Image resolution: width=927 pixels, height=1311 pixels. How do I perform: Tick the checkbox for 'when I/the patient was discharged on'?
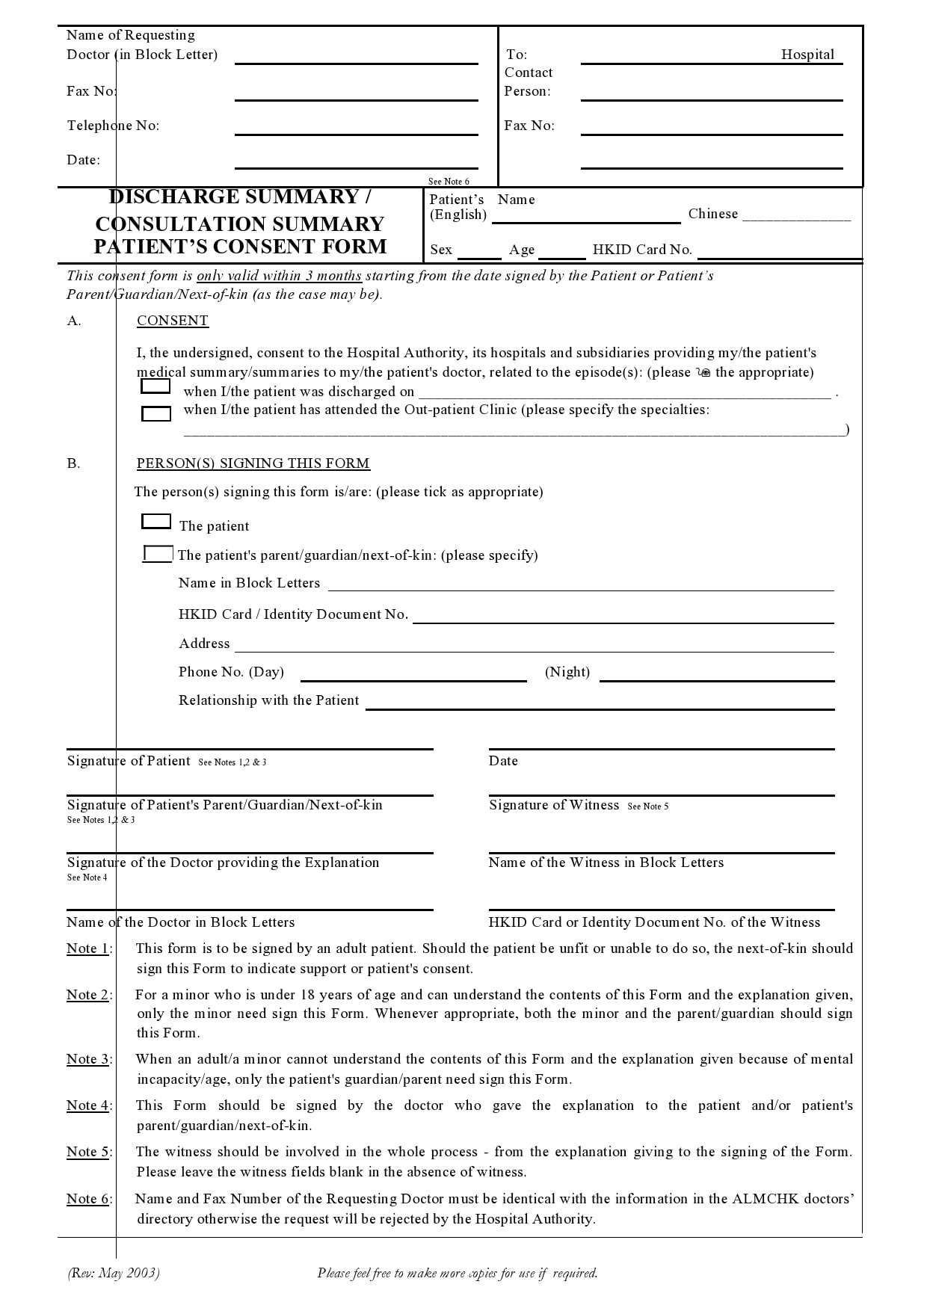click(155, 386)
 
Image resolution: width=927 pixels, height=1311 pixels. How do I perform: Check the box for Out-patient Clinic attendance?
click(155, 413)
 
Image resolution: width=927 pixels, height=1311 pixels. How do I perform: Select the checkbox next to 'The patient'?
click(155, 521)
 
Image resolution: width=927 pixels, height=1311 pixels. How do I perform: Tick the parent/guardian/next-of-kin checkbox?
click(158, 554)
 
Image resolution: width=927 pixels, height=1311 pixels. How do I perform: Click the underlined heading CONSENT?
click(172, 321)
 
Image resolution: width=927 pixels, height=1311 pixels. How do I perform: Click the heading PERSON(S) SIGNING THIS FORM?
click(253, 463)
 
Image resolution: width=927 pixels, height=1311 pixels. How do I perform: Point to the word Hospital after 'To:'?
click(807, 55)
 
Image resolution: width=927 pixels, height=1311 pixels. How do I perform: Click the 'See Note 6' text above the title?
click(449, 182)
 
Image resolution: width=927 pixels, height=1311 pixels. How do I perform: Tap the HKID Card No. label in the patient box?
click(642, 250)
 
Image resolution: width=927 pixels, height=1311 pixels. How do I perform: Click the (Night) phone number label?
click(567, 672)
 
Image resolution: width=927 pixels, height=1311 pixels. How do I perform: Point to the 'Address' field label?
click(204, 644)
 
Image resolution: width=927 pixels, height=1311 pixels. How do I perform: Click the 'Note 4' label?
click(88, 1105)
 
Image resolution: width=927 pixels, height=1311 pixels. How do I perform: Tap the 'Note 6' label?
click(88, 1199)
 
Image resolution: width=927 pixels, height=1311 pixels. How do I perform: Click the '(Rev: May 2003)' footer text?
click(113, 1273)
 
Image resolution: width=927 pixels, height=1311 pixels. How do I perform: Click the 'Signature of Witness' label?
click(554, 805)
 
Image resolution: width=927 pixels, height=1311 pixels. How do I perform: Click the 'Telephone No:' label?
click(113, 126)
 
